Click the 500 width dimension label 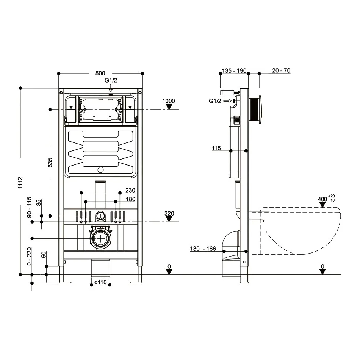pyautogui.click(x=100, y=73)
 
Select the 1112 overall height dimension pyautogui.click(x=20, y=183)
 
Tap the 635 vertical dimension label pyautogui.click(x=50, y=163)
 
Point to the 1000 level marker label pyautogui.click(x=169, y=101)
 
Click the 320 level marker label pyautogui.click(x=169, y=213)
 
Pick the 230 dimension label pyautogui.click(x=130, y=190)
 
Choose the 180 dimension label pyautogui.click(x=131, y=199)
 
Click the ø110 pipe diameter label pyautogui.click(x=100, y=282)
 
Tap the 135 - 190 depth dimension pyautogui.click(x=234, y=70)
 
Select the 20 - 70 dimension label pyautogui.click(x=281, y=70)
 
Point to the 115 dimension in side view pyautogui.click(x=216, y=148)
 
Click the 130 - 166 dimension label pyautogui.click(x=203, y=249)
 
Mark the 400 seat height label pyautogui.click(x=322, y=199)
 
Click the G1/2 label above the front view pyautogui.click(x=111, y=80)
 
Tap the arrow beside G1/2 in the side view pyautogui.click(x=227, y=101)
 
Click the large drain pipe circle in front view pyautogui.click(x=100, y=238)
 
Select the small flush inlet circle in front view pyautogui.click(x=100, y=216)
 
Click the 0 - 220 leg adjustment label pyautogui.click(x=29, y=257)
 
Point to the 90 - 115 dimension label pyautogui.click(x=29, y=207)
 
